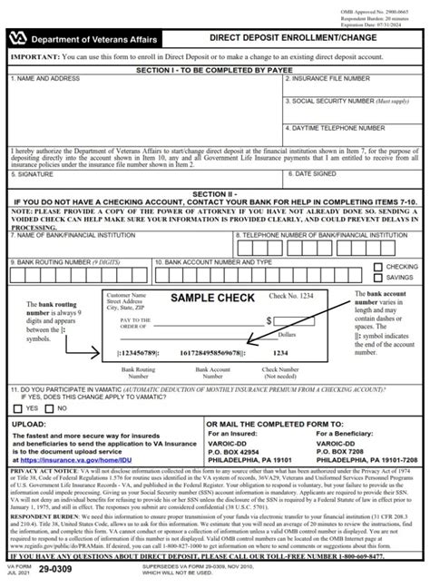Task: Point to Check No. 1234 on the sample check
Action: [x=289, y=297]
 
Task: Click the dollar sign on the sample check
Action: [x=269, y=320]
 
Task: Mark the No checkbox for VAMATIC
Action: [x=53, y=408]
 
